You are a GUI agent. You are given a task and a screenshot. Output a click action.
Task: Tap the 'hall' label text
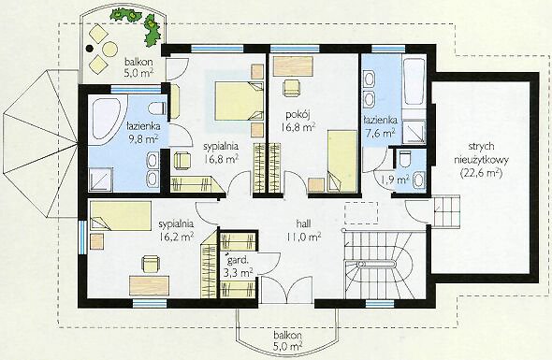pyautogui.click(x=303, y=223)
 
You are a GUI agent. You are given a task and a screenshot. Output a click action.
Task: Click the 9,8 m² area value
pyautogui.click(x=143, y=139)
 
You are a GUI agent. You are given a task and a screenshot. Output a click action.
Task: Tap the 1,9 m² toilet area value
pyautogui.click(x=394, y=180)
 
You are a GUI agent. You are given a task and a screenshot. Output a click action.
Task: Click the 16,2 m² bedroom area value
pyautogui.click(x=176, y=237)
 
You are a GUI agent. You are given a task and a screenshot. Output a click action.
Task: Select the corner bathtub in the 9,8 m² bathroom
pyautogui.click(x=107, y=120)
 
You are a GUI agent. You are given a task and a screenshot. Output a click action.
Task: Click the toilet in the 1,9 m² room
pyautogui.click(x=405, y=158)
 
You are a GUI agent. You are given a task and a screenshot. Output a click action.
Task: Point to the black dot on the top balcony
pyautogui.click(x=90, y=49)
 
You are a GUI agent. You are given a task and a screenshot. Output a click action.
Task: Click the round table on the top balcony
pyautogui.click(x=110, y=49)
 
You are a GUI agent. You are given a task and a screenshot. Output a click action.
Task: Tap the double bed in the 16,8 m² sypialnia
pyautogui.click(x=239, y=101)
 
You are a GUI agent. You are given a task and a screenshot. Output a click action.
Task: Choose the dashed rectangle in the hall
pyautogui.click(x=361, y=213)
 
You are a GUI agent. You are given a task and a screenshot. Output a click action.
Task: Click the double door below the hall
pyautogui.click(x=286, y=289)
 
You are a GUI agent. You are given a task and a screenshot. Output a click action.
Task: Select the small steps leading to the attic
pyautogui.click(x=446, y=211)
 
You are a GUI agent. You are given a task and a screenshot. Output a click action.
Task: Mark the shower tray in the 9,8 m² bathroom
pyautogui.click(x=100, y=180)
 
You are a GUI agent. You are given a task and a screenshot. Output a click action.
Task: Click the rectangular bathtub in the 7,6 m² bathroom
pyautogui.click(x=414, y=81)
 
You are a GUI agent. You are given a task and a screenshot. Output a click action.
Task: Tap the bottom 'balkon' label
pyautogui.click(x=287, y=335)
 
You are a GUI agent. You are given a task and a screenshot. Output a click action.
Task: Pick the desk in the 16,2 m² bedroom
pyautogui.click(x=150, y=286)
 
